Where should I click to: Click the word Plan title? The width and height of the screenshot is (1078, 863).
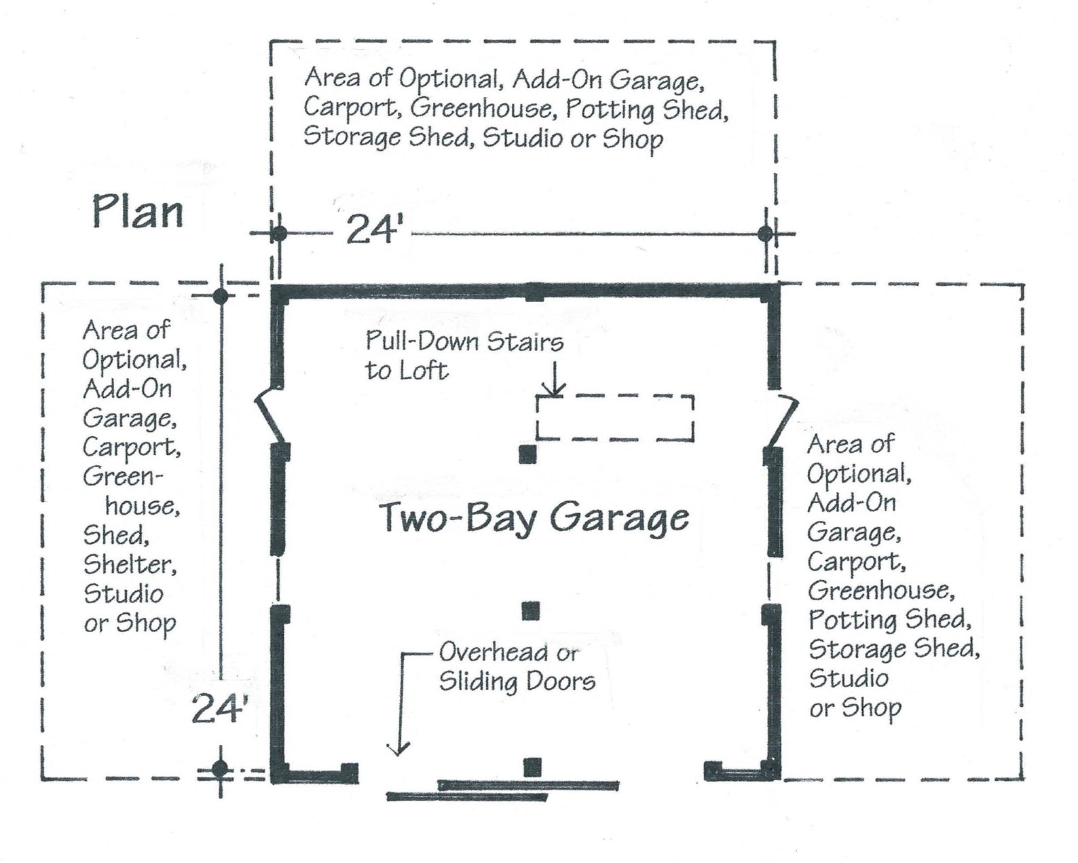tap(138, 211)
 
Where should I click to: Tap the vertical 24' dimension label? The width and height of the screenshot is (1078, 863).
tap(217, 709)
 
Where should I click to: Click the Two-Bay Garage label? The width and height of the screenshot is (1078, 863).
tap(534, 518)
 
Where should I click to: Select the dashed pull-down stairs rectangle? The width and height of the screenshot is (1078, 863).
tap(615, 417)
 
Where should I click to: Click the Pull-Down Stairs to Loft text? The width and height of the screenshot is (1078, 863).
tap(464, 356)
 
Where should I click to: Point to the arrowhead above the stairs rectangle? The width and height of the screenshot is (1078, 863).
tap(555, 390)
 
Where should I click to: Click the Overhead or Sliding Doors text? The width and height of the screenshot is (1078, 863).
tap(516, 667)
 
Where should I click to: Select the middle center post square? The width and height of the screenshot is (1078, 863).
tap(531, 611)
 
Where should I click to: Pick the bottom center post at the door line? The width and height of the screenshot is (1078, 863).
tap(533, 767)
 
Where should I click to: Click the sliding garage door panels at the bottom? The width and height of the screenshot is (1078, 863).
tap(502, 790)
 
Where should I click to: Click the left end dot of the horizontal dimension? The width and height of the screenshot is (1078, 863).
tap(279, 234)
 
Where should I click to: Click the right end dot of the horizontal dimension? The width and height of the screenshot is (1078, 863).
tap(765, 234)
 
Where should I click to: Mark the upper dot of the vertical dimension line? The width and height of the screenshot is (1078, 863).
tap(220, 296)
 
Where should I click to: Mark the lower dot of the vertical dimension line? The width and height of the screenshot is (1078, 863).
tap(220, 769)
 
